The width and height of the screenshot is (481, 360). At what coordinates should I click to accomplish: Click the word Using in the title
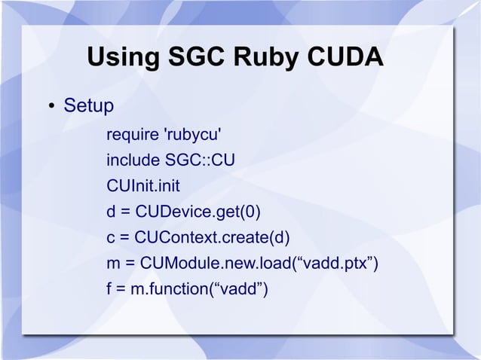(120, 58)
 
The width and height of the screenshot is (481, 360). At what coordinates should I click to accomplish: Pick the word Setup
(89, 105)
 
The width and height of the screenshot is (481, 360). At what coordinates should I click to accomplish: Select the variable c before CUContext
(111, 237)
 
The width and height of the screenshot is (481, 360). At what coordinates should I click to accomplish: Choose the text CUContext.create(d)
(212, 237)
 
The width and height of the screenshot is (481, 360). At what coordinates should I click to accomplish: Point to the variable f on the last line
(110, 288)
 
